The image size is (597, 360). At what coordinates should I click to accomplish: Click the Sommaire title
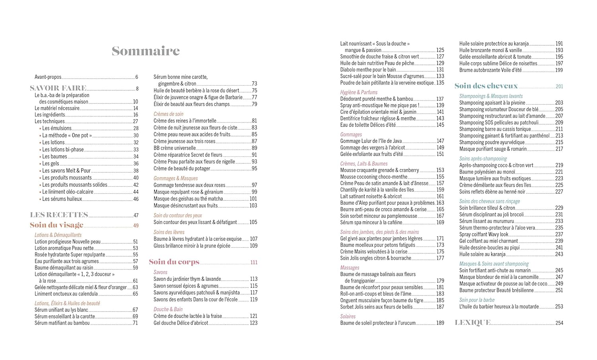point(146,51)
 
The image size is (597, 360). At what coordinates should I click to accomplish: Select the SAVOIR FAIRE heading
point(58,88)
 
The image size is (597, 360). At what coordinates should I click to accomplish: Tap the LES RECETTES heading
point(59,215)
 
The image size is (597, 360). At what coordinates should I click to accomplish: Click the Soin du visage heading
point(57,225)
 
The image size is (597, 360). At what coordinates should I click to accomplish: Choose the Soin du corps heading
point(174,262)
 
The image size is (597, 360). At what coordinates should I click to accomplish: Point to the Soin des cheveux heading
point(486,86)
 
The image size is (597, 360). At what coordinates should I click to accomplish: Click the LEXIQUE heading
point(472,323)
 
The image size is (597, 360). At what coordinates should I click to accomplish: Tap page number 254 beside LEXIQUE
point(559,323)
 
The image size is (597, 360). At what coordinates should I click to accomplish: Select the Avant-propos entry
point(48,77)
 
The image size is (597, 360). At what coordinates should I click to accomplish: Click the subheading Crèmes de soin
point(168,114)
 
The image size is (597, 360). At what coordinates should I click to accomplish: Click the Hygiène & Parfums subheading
point(359,92)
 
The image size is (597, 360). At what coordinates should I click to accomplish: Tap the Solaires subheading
point(348,316)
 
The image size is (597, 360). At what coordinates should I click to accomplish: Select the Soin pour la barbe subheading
point(477,300)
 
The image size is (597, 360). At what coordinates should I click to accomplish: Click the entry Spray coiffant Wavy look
point(484,234)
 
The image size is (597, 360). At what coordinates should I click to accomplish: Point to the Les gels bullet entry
point(51,163)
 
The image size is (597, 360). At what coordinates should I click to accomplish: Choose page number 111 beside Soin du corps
point(254,262)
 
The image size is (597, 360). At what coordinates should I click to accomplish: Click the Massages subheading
point(349,268)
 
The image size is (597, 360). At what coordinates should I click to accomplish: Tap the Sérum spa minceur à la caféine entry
point(371,222)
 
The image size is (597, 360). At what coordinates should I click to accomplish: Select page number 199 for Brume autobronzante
point(559,70)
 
